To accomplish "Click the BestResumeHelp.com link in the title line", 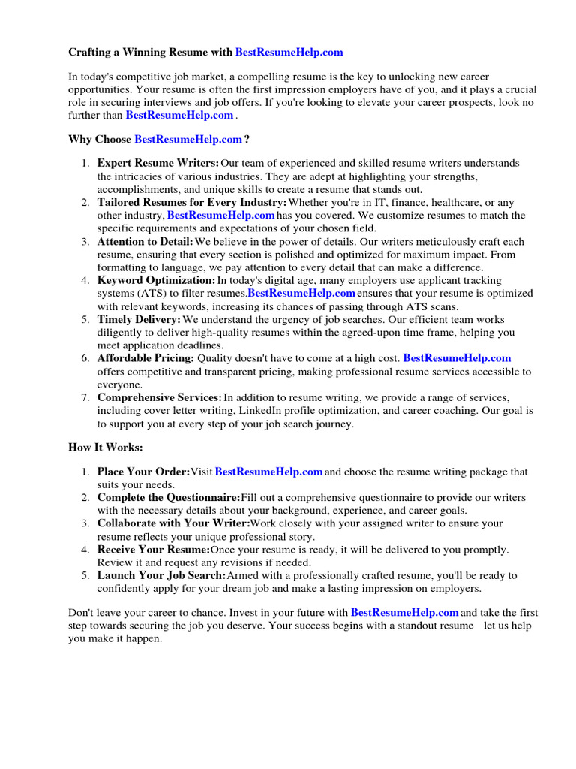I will coord(289,52).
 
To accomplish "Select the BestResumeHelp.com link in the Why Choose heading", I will coord(188,139).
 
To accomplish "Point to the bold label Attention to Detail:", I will coord(145,242).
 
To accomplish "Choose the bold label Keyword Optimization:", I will coord(156,280).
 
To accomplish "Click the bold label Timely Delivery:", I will coord(139,320).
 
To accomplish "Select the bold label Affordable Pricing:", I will coord(145,359).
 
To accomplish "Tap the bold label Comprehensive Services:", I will coord(159,397).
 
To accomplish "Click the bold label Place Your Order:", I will coord(143,472).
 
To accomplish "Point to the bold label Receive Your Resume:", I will coord(153,550).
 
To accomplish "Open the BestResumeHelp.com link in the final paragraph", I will coord(404,613).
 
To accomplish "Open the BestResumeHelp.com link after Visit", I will coord(268,472).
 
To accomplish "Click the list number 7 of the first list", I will coord(85,397).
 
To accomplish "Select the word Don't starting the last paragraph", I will coord(82,613).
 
